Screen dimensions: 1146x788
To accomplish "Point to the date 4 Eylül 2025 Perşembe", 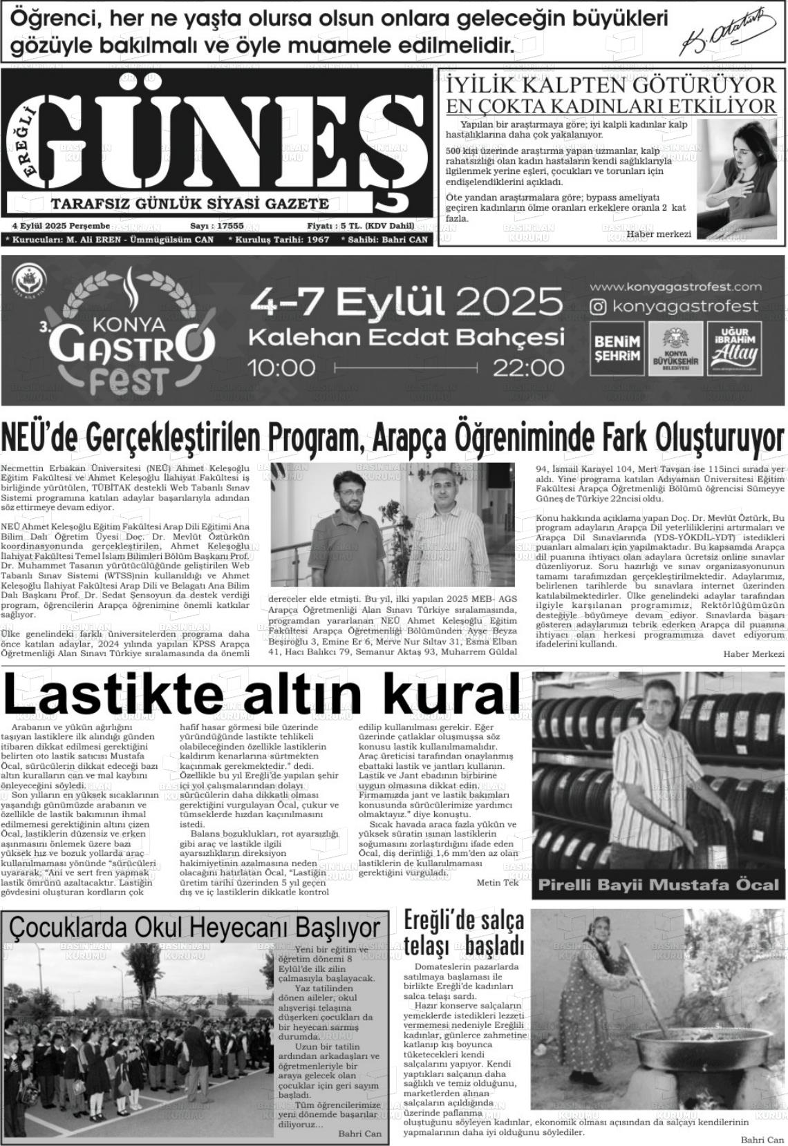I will tap(61, 226).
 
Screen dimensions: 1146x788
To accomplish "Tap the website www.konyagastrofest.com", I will tap(675, 287).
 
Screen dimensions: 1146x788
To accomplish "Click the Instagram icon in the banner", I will tap(599, 306).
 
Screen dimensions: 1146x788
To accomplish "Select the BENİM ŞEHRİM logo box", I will tap(618, 349).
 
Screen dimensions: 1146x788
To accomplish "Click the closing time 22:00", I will tap(528, 367).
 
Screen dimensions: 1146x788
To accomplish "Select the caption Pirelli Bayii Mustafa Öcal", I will tap(658, 885).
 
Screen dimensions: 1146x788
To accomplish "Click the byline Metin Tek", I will tap(497, 883).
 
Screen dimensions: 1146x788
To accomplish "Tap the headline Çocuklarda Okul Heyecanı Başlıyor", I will tap(195, 928).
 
